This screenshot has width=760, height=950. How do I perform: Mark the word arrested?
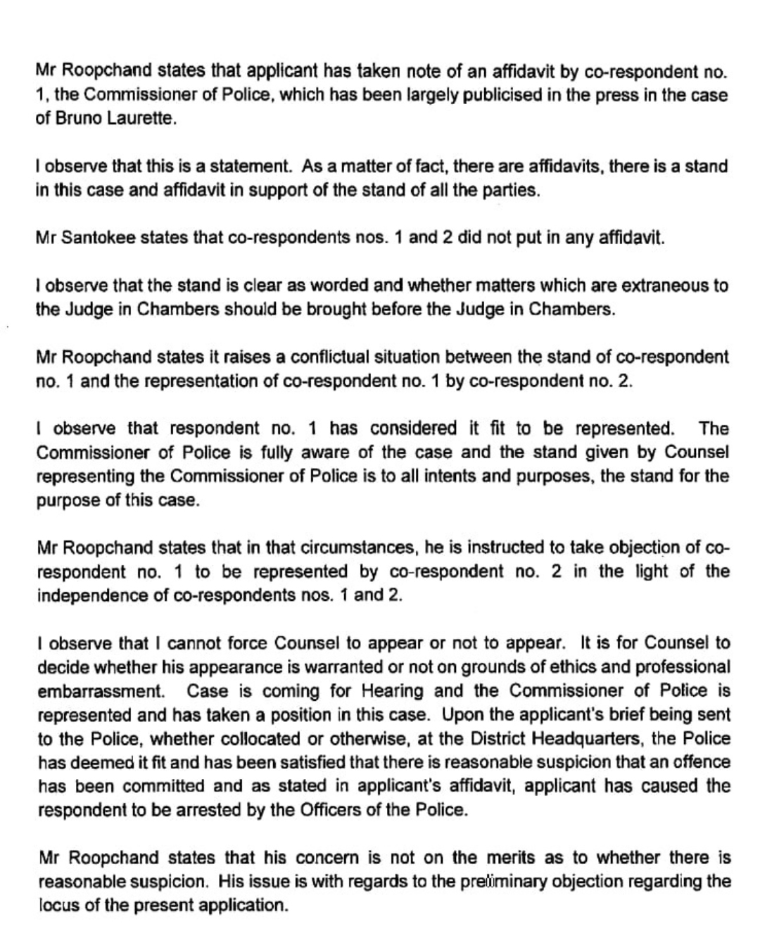206,809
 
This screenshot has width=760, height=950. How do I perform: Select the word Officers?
330,809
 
